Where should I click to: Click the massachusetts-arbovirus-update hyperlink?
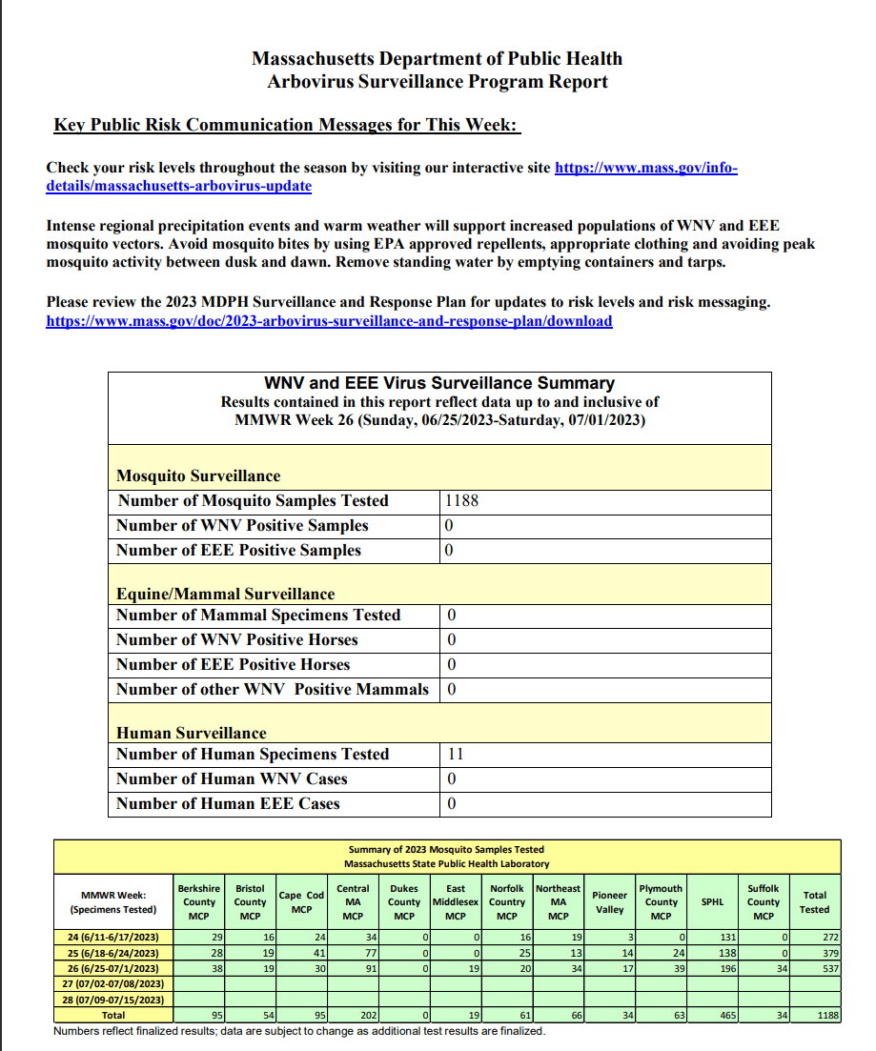click(x=178, y=186)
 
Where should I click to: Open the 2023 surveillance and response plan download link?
click(x=329, y=321)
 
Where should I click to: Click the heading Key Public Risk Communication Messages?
click(x=286, y=125)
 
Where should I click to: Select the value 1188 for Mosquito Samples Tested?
click(x=461, y=501)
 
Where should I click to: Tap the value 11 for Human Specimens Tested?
click(x=455, y=755)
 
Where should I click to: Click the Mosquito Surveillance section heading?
click(x=198, y=476)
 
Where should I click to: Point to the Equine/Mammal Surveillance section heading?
click(x=226, y=595)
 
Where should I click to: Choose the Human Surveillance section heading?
click(x=191, y=734)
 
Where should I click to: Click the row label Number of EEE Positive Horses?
click(x=234, y=665)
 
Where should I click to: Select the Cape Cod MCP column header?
click(x=301, y=902)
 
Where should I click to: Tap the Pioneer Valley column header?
click(x=610, y=902)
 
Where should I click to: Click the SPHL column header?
click(x=712, y=902)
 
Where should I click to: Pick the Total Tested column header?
click(x=815, y=902)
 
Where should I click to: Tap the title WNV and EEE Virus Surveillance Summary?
click(x=439, y=383)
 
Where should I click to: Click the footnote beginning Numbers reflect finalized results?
click(x=299, y=1032)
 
